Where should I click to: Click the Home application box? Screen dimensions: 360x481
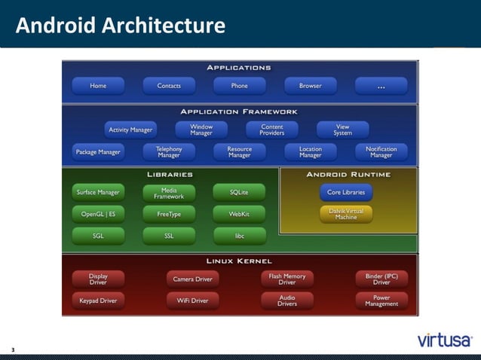tap(98, 86)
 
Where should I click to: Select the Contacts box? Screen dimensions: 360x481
tap(169, 86)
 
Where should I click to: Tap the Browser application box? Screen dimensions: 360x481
tap(310, 86)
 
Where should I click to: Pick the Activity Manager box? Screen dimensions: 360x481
tap(130, 130)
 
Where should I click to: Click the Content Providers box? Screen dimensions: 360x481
tap(272, 130)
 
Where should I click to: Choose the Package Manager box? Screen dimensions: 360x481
tap(98, 152)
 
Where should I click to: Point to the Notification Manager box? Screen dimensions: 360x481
tap(381, 152)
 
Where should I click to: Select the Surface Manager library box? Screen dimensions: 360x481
tap(98, 192)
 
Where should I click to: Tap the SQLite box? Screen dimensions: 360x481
tap(239, 192)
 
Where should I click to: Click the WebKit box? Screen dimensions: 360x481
tap(239, 214)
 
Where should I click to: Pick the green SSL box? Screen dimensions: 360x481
tap(169, 236)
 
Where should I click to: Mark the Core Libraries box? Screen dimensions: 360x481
tap(346, 192)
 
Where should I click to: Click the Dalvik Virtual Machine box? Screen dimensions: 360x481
tap(346, 214)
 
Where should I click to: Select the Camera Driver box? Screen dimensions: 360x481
tap(192, 279)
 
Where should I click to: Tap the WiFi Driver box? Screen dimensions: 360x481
tap(192, 301)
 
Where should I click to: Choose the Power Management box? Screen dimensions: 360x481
tap(381, 301)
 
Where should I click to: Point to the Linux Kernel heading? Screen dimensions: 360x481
tap(239, 261)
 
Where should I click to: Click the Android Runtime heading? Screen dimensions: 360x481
tap(348, 175)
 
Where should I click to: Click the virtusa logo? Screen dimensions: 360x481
tap(445, 340)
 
